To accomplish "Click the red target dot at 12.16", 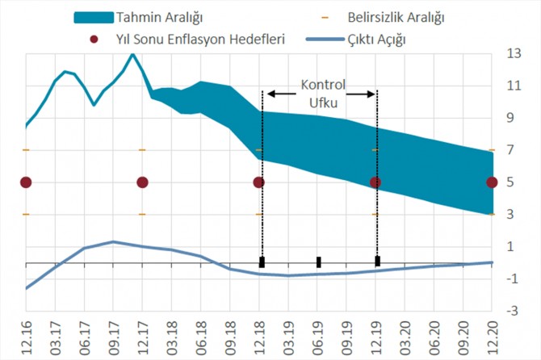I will point(26,182).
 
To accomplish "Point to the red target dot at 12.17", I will point(142,182).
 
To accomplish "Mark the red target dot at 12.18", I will point(259,182).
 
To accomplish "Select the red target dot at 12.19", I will point(375,182).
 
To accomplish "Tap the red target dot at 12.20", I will point(492,182).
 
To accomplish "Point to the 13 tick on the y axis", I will point(514,53).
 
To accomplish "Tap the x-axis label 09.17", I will point(113,339).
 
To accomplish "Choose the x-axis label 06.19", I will point(317,339).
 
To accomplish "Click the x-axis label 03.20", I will point(405,339).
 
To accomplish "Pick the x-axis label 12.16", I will point(26,339).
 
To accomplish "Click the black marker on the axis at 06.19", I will point(318,262).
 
